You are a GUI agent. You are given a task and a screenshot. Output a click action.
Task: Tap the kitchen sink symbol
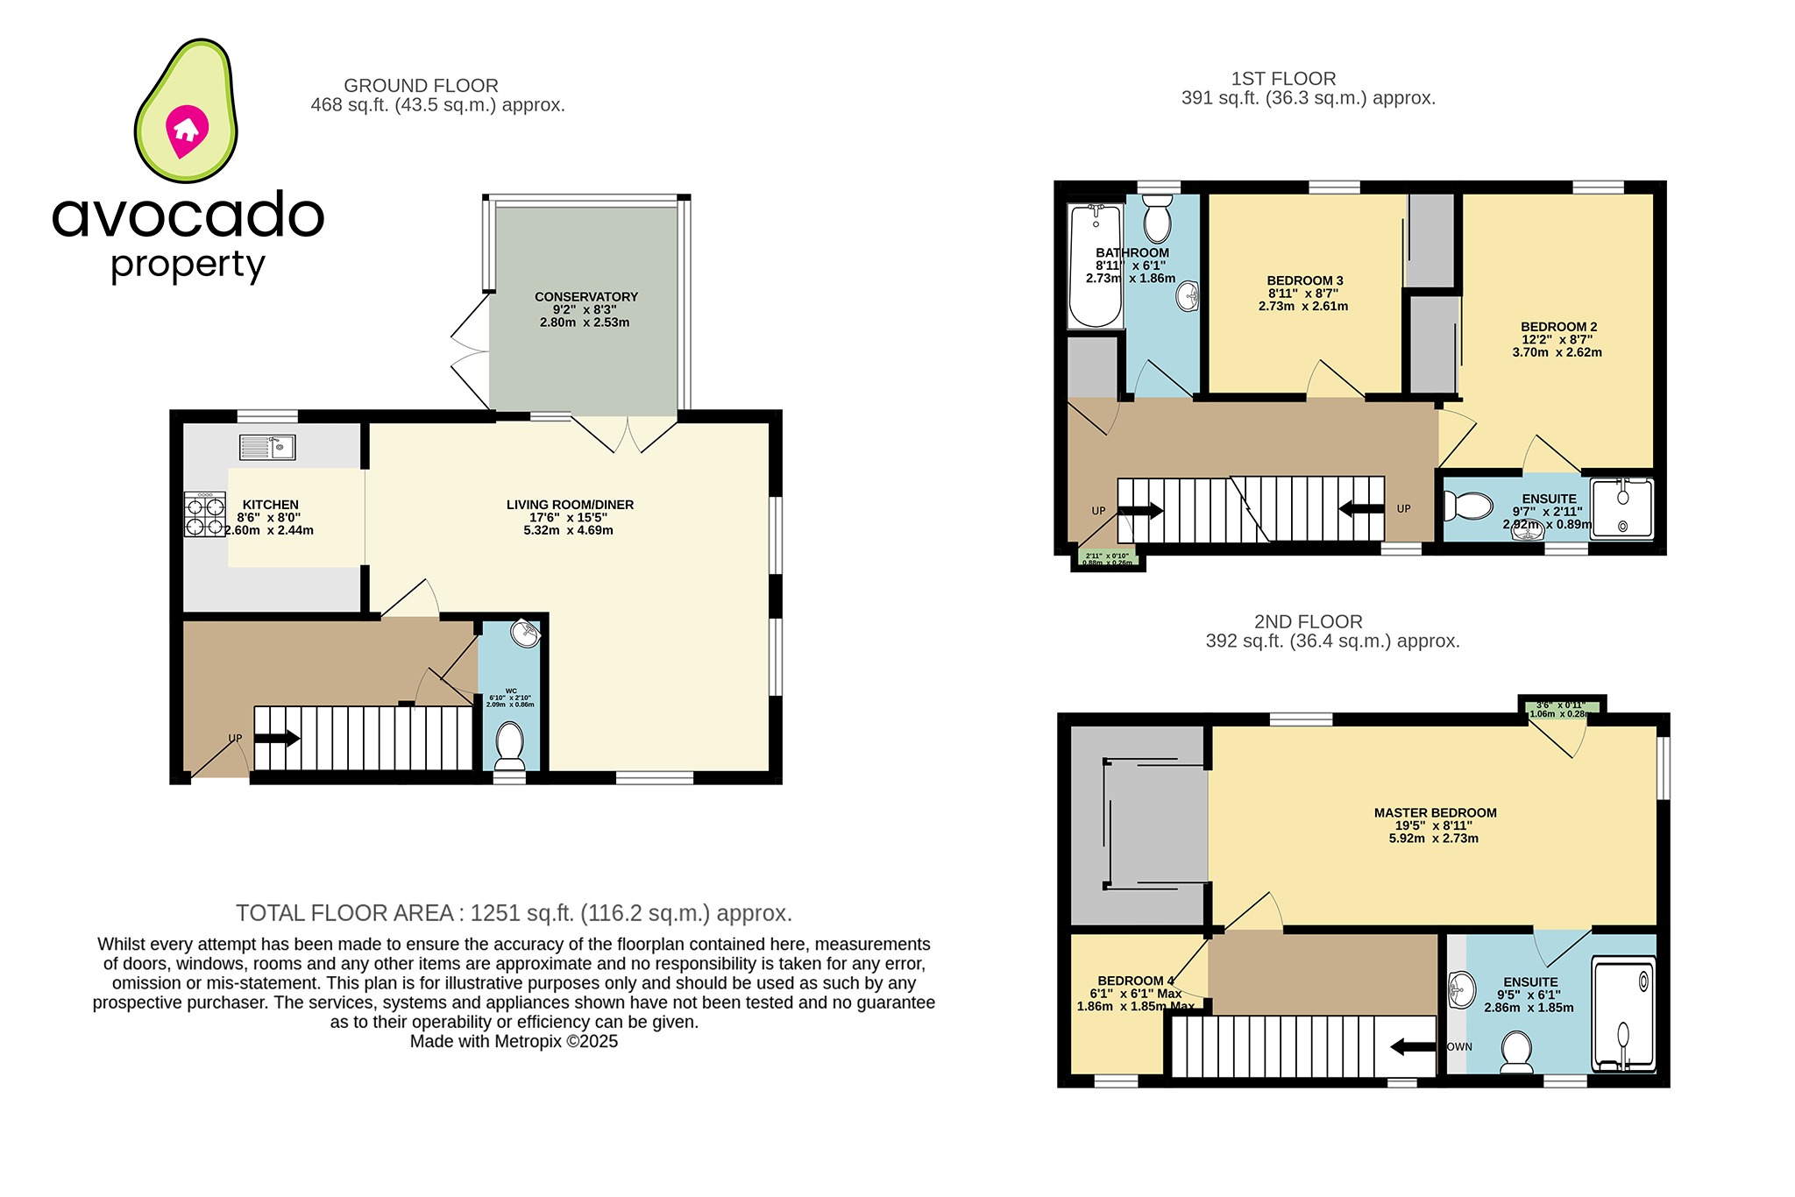(267, 447)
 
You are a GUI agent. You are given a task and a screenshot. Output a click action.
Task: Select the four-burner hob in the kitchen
(204, 514)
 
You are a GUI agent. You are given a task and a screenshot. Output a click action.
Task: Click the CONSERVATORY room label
(585, 297)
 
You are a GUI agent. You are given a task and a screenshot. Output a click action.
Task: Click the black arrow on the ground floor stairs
(277, 739)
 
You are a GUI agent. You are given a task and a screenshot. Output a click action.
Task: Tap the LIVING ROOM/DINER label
(570, 505)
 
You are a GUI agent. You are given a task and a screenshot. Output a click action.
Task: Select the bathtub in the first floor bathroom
(1096, 266)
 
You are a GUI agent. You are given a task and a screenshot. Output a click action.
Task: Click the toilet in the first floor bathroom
(1157, 219)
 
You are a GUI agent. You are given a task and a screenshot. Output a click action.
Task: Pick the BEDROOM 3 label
(1304, 280)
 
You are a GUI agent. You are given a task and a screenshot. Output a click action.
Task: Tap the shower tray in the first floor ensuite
(1622, 507)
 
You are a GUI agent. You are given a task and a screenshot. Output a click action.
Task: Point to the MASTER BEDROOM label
(1435, 813)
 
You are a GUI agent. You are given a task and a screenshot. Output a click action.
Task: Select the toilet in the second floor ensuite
(1516, 1052)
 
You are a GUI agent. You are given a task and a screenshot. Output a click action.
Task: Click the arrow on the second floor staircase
(1413, 1046)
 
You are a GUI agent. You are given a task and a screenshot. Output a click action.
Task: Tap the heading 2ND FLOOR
(1308, 622)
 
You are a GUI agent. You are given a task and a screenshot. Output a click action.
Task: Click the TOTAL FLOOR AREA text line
(514, 913)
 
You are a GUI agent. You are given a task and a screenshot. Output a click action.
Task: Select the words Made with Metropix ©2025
(514, 1042)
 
